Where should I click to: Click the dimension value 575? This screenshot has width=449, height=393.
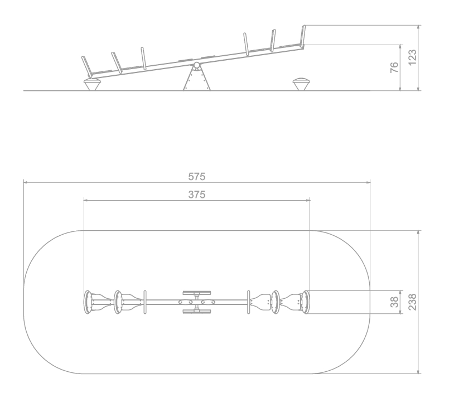click(x=197, y=177)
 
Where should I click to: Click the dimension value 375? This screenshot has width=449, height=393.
click(x=197, y=195)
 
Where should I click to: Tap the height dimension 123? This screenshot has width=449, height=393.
click(x=412, y=57)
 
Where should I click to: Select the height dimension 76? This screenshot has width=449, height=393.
click(x=394, y=67)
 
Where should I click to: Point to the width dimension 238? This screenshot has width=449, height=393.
click(x=412, y=302)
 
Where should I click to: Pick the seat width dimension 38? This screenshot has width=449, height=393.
click(x=394, y=302)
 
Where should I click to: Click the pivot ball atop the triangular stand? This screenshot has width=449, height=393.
click(x=196, y=65)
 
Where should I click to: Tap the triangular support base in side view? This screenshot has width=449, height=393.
click(x=197, y=79)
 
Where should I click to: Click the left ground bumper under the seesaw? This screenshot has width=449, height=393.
click(x=92, y=85)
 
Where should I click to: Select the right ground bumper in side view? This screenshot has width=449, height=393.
click(x=301, y=84)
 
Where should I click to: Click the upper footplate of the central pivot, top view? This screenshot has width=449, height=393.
click(x=197, y=293)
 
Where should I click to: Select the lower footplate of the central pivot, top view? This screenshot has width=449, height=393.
click(x=197, y=312)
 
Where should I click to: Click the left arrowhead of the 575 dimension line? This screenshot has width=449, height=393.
click(x=26, y=182)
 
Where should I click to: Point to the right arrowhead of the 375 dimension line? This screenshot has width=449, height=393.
click(x=308, y=200)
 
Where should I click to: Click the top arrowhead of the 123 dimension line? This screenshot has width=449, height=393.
click(x=419, y=27)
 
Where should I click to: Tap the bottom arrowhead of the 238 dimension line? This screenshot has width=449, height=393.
click(x=419, y=371)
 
